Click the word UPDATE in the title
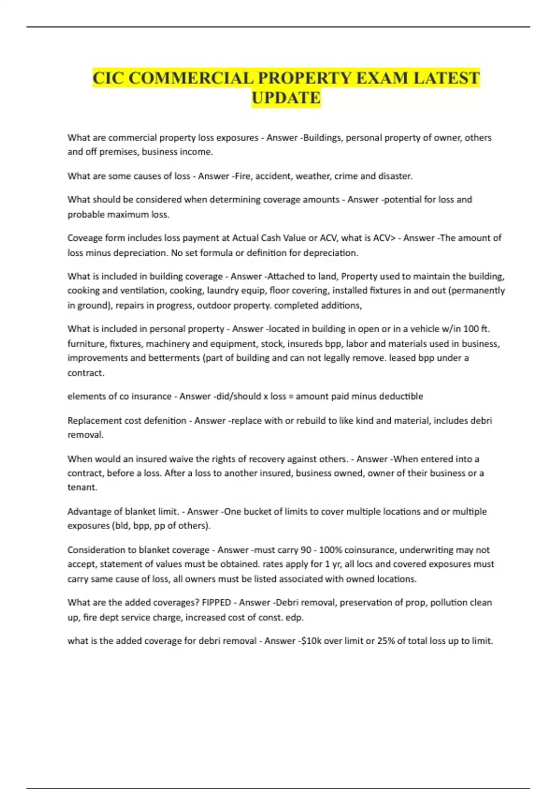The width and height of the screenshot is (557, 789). coord(286,98)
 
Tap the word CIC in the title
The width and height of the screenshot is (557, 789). coord(108,78)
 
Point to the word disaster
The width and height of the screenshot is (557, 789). coord(394,176)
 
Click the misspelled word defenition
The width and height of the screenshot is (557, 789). coord(164,421)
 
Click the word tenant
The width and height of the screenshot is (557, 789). coord(82,487)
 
